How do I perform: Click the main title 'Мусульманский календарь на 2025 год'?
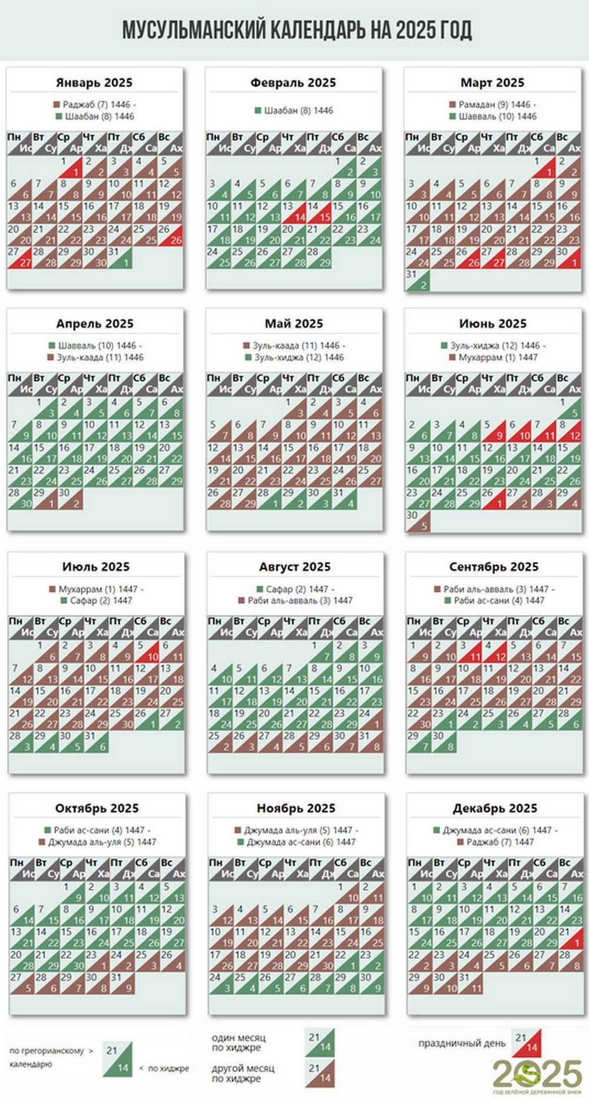[297, 30]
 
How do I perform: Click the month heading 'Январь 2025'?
[94, 82]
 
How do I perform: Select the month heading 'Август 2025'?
[294, 567]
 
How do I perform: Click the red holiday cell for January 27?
[19, 257]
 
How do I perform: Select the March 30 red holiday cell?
[570, 257]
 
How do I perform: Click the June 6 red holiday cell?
[518, 431]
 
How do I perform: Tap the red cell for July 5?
[147, 651]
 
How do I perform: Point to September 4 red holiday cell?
[494, 651]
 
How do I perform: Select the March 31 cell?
[417, 280]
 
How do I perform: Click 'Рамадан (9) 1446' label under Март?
[494, 104]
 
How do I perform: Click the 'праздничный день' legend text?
[462, 1043]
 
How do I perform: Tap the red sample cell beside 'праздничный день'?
[527, 1042]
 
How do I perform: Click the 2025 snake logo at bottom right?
[537, 1074]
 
